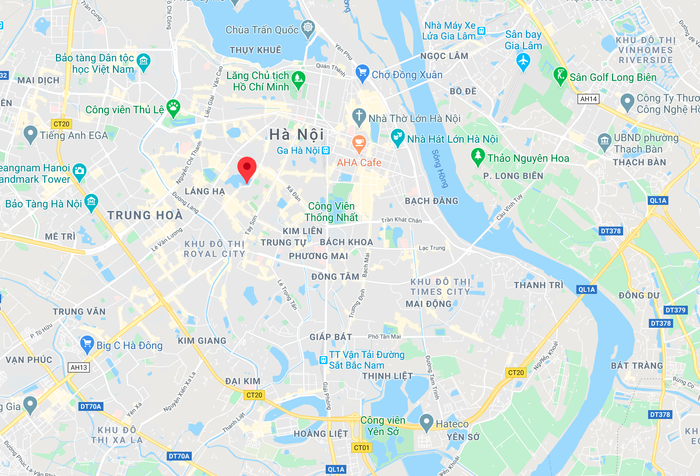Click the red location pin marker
click(247, 168)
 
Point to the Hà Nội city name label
click(297, 135)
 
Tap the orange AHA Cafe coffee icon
click(359, 142)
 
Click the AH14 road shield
click(588, 99)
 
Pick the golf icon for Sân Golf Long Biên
click(560, 75)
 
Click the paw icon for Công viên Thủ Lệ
click(173, 107)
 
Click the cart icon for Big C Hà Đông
click(87, 344)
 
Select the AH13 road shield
click(79, 367)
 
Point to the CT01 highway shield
click(361, 448)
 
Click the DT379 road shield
click(675, 310)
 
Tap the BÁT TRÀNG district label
click(637, 366)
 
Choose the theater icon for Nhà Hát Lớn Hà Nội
click(397, 136)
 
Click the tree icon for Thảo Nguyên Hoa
click(477, 156)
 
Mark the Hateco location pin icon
click(426, 422)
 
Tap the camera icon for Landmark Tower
click(79, 171)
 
